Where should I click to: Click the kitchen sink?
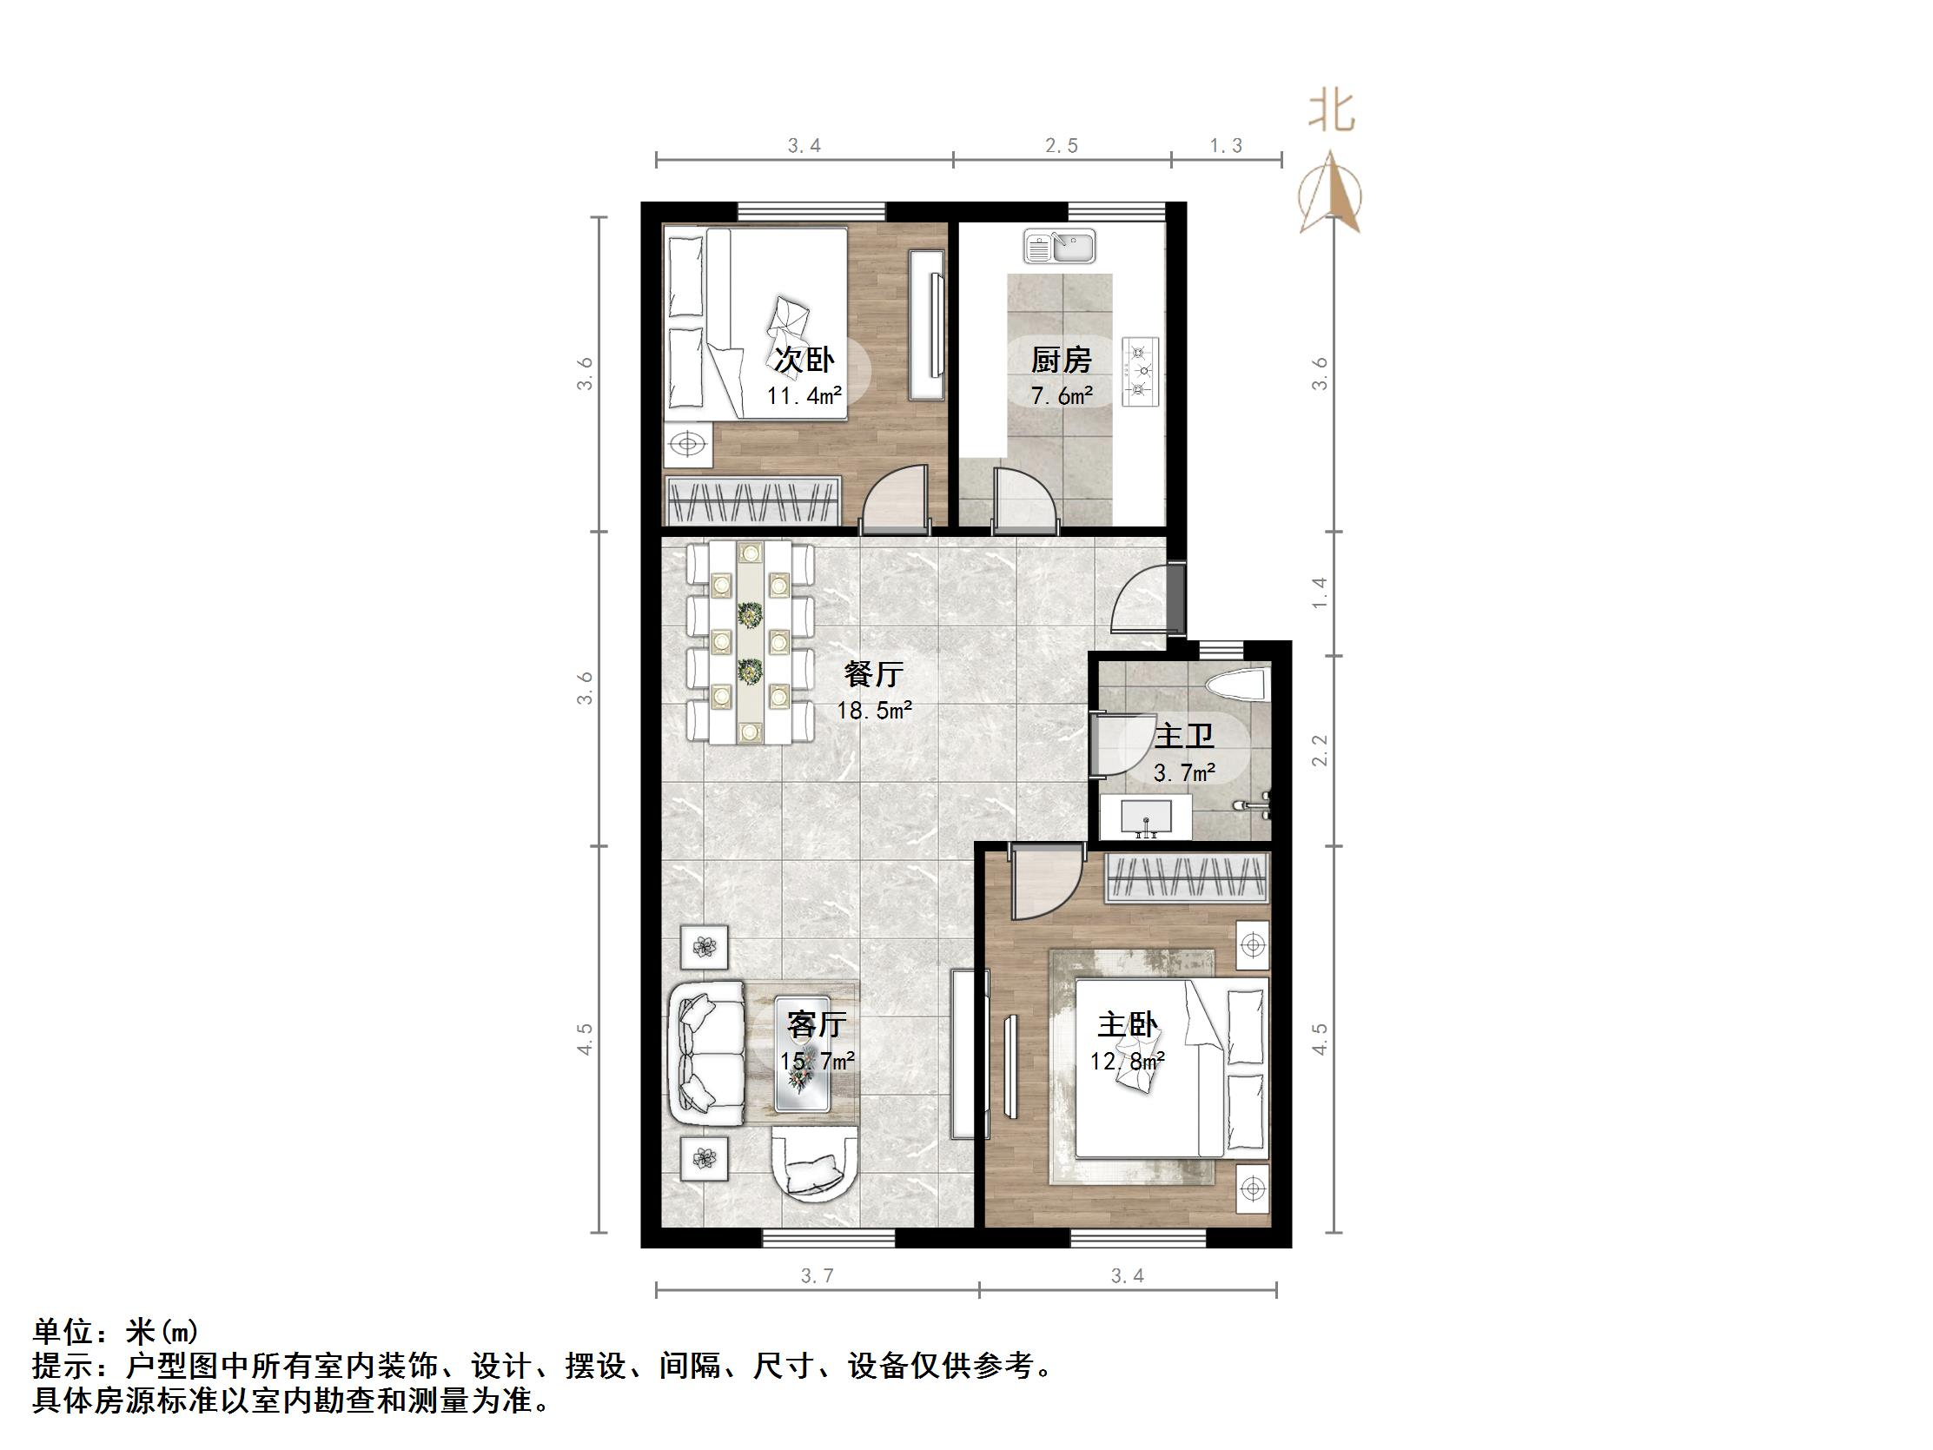(1059, 247)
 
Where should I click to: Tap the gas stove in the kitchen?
(1141, 371)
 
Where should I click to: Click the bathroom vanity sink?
(1146, 818)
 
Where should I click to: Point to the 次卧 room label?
(804, 359)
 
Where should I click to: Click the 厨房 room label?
(1062, 359)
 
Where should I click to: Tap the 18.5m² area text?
(874, 711)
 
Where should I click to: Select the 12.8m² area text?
(1128, 1061)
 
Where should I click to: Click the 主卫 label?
(1184, 736)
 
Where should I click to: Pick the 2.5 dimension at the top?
(1062, 146)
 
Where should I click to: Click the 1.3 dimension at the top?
(1226, 146)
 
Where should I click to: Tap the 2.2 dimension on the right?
(1320, 751)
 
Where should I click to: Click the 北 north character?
(1331, 112)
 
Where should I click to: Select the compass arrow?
(1330, 194)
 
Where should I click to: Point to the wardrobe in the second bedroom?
(752, 500)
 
